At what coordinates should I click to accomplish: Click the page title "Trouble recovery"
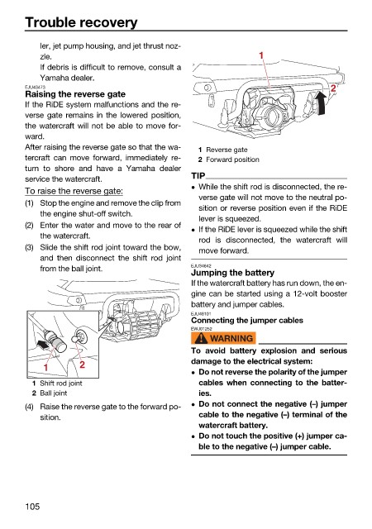[81, 22]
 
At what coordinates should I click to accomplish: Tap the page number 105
[32, 506]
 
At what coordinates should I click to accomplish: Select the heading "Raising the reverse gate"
[75, 94]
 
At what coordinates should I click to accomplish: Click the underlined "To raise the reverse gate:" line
[74, 191]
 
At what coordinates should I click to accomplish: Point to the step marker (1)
[30, 203]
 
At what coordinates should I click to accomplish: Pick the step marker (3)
[30, 247]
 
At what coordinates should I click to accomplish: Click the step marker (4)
[30, 407]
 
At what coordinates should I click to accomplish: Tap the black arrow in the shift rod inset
[43, 344]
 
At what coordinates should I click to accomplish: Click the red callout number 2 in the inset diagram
[82, 365]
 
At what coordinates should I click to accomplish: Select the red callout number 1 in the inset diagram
[45, 367]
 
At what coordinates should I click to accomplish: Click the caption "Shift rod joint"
[61, 384]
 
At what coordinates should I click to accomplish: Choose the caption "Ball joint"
[54, 393]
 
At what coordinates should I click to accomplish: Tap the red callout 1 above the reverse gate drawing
[261, 55]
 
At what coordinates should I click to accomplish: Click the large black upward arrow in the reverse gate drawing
[321, 102]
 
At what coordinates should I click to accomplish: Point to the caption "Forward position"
[232, 160]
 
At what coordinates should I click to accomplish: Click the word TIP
[198, 176]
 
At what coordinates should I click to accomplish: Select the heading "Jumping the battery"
[232, 273]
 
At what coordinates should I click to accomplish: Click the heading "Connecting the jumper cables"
[247, 320]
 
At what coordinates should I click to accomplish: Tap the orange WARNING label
[223, 338]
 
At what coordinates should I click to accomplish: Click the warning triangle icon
[201, 338]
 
